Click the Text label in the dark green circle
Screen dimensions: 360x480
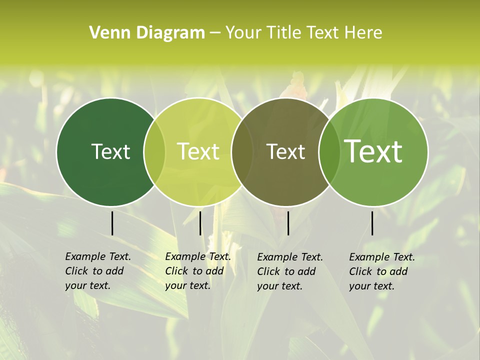point(110,151)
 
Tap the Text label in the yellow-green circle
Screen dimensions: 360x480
point(198,151)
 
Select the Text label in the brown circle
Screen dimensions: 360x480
point(286,151)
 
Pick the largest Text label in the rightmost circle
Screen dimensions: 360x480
point(373,151)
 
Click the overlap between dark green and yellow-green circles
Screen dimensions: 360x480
point(154,152)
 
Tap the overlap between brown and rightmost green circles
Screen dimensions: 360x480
point(329,152)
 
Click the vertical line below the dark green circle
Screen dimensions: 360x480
point(112,223)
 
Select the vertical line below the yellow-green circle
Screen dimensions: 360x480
point(200,223)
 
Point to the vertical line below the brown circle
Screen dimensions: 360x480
point(288,223)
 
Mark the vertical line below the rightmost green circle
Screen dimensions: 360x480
point(372,223)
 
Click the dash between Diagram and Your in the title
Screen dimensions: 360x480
point(215,33)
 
